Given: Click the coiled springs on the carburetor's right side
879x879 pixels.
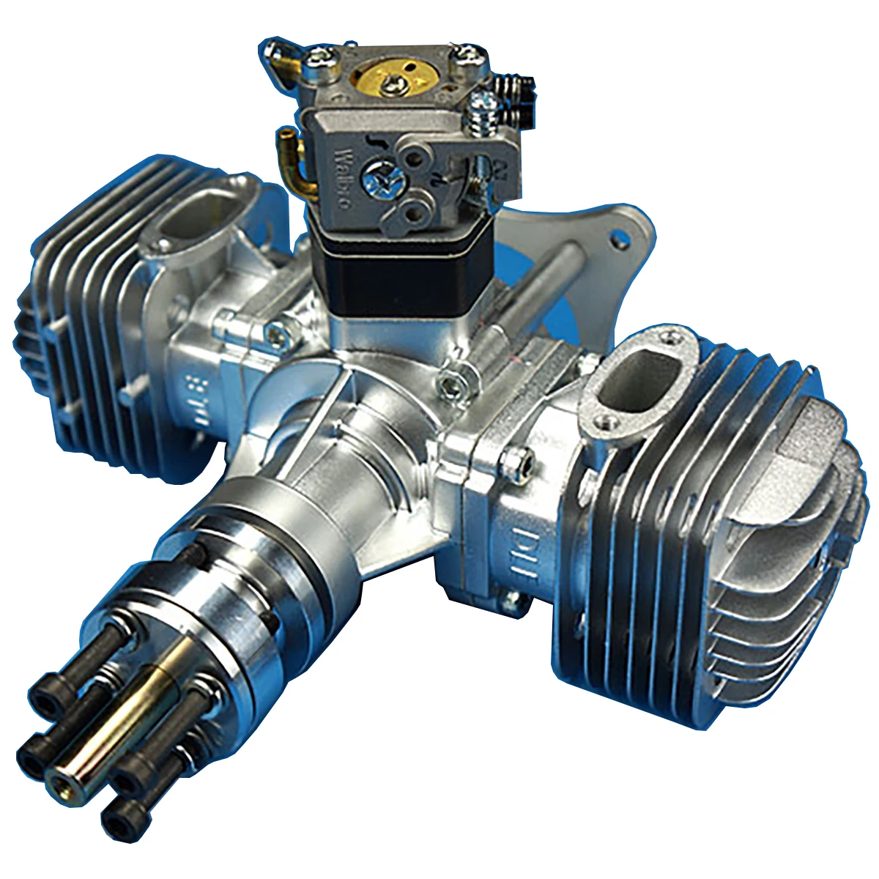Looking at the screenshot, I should pyautogui.click(x=513, y=103).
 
